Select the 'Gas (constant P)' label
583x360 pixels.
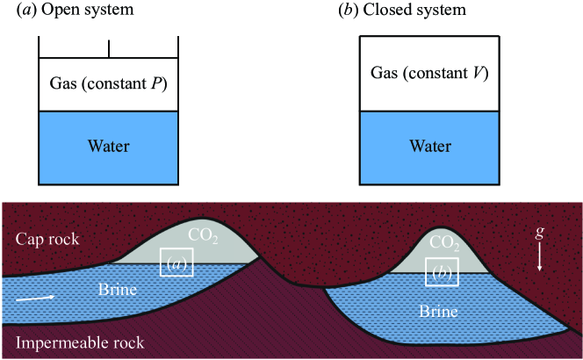(110, 85)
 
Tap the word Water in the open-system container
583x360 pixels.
(110, 146)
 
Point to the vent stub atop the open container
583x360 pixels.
(109, 47)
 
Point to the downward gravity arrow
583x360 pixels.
(539, 258)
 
